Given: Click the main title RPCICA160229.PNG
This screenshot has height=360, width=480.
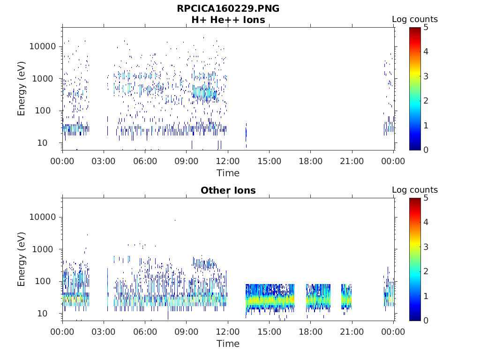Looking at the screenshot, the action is tap(228, 8).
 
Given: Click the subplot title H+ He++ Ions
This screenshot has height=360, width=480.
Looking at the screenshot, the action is tap(228, 20).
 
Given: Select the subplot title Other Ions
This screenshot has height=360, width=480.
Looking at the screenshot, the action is tap(228, 190).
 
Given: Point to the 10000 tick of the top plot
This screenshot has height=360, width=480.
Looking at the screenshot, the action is tap(43, 46).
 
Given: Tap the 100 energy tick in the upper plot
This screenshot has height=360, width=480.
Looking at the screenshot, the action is tap(43, 111).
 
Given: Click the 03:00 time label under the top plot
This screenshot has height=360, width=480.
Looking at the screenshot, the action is tap(104, 161).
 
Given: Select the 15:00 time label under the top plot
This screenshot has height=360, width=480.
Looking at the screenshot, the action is tap(269, 161).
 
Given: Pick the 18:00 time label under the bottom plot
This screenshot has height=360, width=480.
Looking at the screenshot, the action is tap(310, 332).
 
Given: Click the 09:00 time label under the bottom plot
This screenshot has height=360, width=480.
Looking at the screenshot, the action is tap(187, 332).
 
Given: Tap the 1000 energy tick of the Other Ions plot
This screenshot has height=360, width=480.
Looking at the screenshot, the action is tap(43, 249).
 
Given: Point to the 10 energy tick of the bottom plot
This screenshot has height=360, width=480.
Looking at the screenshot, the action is tap(43, 314).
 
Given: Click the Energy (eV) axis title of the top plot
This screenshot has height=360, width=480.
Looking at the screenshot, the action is tap(21, 89).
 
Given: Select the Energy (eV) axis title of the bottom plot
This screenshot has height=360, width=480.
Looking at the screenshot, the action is tap(21, 259).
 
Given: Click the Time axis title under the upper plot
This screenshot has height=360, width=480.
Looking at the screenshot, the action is tap(228, 173).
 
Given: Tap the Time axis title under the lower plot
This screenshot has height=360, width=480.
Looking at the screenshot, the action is tap(228, 344).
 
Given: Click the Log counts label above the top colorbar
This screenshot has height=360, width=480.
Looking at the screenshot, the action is tap(415, 19).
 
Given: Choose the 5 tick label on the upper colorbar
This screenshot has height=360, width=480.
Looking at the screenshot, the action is tap(426, 28).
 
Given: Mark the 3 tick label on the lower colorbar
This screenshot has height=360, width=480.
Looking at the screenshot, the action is tap(426, 247).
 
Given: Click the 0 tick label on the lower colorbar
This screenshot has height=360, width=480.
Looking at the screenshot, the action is tap(426, 321).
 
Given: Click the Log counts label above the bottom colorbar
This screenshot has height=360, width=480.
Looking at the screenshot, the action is tap(415, 190).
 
